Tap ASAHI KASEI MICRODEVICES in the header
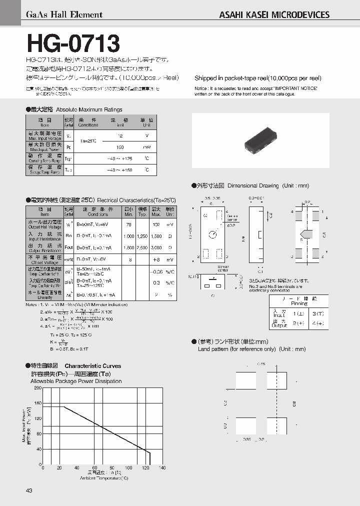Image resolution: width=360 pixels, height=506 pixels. [274, 14]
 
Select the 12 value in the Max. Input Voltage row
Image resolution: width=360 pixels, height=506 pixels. [119, 135]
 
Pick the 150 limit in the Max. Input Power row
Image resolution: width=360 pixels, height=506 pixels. [119, 147]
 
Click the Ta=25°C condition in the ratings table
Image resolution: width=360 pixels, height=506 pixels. [88, 141]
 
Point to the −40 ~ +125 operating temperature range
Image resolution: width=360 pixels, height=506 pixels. [119, 158]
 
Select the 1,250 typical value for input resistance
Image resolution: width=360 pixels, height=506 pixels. [142, 235]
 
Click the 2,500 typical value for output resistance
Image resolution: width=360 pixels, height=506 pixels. [142, 247]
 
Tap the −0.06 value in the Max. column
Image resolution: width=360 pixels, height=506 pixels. [156, 272]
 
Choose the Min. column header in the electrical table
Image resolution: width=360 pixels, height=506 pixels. [128, 210]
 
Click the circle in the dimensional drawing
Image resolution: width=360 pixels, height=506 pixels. [213, 234]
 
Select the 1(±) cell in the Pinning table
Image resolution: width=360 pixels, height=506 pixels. [298, 313]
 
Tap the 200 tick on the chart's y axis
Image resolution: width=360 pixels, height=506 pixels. [38, 388]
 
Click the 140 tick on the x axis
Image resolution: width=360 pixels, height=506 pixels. [162, 467]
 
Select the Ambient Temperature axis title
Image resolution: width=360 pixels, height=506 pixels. [104, 478]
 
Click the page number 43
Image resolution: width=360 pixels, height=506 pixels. [29, 490]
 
